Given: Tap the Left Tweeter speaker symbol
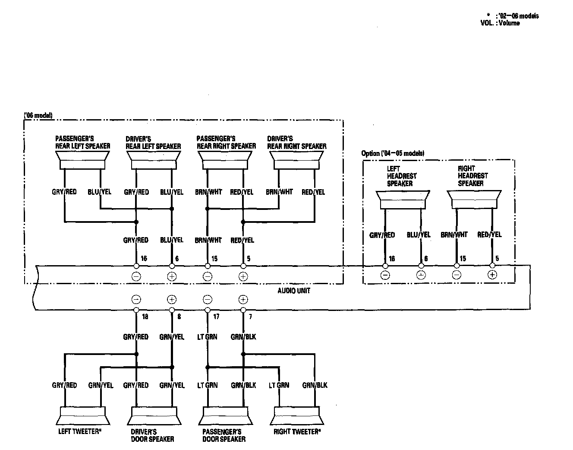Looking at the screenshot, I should [82, 416].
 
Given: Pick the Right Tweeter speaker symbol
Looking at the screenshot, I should [296, 416].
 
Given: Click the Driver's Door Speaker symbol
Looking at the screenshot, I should [153, 416].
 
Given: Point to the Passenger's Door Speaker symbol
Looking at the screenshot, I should [225, 416].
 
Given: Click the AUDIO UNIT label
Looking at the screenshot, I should [293, 291].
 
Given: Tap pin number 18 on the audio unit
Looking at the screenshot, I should [145, 317].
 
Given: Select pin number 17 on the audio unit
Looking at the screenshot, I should [216, 317].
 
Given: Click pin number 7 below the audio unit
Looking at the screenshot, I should [250, 317].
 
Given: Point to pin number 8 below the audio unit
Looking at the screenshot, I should [179, 317].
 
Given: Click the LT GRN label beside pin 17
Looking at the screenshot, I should [208, 337].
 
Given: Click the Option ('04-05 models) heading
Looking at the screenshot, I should [393, 153].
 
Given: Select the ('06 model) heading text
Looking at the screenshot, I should [38, 115].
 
